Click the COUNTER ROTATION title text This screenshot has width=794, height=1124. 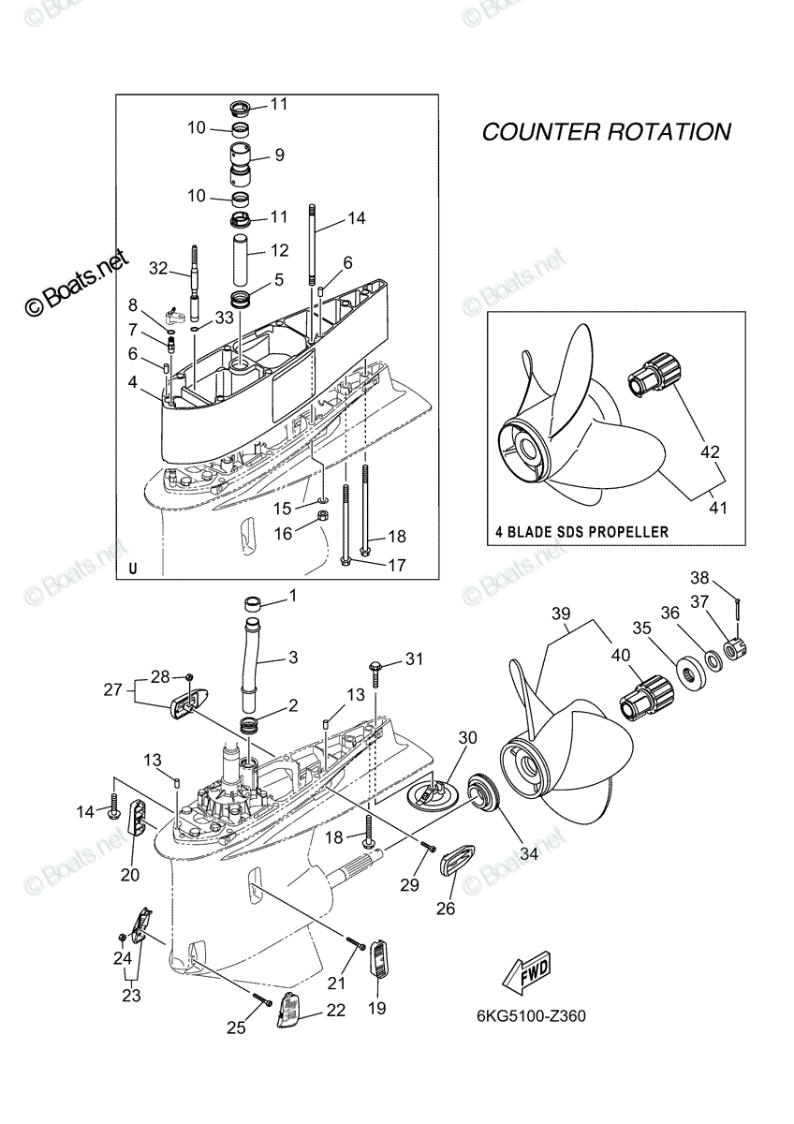click(x=607, y=132)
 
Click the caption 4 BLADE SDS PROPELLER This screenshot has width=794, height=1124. click(x=581, y=532)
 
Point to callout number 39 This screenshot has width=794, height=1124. click(x=561, y=614)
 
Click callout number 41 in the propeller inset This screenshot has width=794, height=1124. click(x=718, y=508)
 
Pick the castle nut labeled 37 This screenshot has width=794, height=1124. click(x=736, y=650)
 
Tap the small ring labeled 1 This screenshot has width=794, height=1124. click(x=254, y=603)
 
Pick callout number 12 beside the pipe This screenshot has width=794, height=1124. click(x=279, y=250)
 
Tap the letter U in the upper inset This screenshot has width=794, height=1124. click(x=132, y=569)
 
